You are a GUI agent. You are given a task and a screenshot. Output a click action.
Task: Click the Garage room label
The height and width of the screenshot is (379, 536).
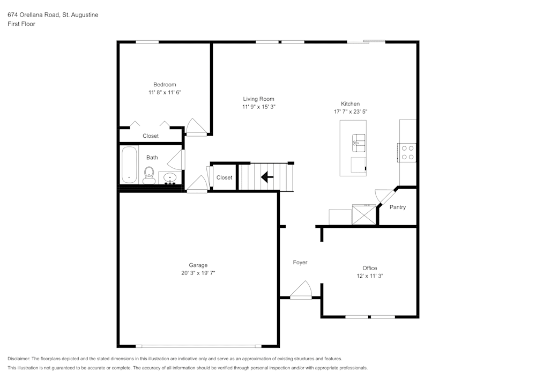(x=198, y=265)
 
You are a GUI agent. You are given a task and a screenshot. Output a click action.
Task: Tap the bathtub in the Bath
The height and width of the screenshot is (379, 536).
(x=129, y=165)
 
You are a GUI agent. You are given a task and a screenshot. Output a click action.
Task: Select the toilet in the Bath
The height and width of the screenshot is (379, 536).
(x=149, y=174)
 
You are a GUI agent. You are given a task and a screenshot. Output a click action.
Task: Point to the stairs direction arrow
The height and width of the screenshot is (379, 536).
(x=267, y=177)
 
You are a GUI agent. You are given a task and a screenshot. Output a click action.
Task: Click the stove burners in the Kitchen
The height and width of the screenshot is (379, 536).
(x=407, y=152)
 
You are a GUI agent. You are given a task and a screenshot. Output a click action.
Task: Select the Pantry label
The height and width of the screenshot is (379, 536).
(x=397, y=207)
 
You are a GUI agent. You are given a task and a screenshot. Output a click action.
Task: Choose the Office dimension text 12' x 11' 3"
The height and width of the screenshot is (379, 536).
(x=369, y=276)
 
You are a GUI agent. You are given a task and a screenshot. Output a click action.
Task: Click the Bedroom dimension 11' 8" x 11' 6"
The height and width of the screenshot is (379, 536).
(x=165, y=92)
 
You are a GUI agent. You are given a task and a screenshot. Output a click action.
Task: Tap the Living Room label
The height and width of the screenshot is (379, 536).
(x=258, y=99)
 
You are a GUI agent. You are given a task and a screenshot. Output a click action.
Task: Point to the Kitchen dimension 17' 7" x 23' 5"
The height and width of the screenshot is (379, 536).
(x=350, y=112)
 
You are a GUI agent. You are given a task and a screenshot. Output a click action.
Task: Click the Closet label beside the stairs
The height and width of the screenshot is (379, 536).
(x=224, y=177)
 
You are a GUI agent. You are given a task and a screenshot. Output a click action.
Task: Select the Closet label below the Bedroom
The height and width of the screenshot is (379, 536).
(x=151, y=136)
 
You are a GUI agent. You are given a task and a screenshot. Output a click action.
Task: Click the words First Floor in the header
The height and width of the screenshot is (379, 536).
(x=21, y=24)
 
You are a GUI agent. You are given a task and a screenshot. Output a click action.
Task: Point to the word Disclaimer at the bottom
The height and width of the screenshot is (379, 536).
(x=19, y=359)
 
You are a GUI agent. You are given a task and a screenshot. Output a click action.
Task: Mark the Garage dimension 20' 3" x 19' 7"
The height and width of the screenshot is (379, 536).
(x=198, y=273)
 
